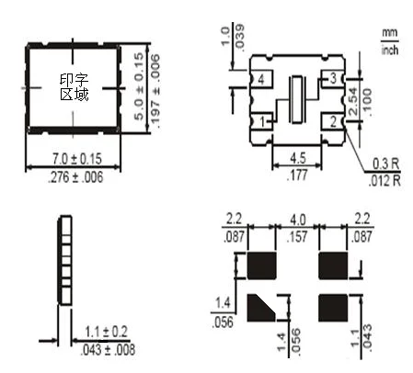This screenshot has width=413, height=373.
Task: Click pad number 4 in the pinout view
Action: tap(261, 79)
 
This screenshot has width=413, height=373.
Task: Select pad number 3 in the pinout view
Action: tap(333, 79)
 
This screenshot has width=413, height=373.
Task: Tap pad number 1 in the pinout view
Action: tap(261, 121)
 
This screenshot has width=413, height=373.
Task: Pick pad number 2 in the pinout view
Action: tap(333, 121)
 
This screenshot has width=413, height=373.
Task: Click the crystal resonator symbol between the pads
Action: tap(297, 99)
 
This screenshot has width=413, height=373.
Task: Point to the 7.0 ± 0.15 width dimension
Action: tap(76, 159)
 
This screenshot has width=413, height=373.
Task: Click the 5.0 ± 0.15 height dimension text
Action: tap(139, 86)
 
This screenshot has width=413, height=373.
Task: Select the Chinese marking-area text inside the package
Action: tap(75, 87)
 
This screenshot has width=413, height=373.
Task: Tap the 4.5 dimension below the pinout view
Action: tap(298, 158)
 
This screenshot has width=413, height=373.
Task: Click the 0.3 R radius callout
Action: tap(386, 164)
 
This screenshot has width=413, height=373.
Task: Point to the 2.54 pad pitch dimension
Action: tap(353, 101)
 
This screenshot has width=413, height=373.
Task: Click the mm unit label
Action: tap(390, 32)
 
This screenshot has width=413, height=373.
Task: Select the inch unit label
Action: tap(390, 50)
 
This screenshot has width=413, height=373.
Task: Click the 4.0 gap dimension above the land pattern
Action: tap(297, 220)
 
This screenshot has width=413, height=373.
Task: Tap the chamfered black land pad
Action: tap(261, 308)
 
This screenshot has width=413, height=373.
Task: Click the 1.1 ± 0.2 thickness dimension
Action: tap(106, 332)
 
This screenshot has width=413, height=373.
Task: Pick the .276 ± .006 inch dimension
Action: tap(75, 177)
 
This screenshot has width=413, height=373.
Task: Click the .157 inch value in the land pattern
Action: tap(297, 236)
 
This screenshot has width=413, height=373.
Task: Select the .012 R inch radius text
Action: tap(384, 180)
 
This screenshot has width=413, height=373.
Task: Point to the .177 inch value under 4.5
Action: tap(297, 175)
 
